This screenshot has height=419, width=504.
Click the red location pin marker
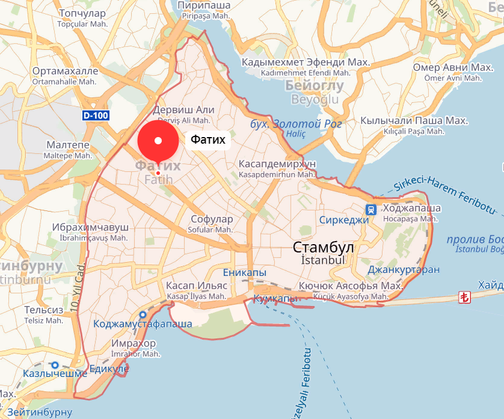158,141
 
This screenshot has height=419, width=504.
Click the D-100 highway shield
95,115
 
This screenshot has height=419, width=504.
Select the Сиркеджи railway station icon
372,209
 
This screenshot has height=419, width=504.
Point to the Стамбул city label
323,248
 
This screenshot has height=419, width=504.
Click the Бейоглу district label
314,86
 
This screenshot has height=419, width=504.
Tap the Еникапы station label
244,273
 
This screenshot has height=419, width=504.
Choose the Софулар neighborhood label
211,219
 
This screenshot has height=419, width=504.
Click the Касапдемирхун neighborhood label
277,164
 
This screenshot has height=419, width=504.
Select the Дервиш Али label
183,110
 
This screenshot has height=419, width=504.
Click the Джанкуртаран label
403,269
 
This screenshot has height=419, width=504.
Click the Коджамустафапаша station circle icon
143,314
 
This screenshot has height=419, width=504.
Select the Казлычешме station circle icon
55,365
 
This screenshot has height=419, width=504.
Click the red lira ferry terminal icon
464,296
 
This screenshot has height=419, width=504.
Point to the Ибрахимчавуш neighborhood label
90,227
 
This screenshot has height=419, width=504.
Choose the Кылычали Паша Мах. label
413,120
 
